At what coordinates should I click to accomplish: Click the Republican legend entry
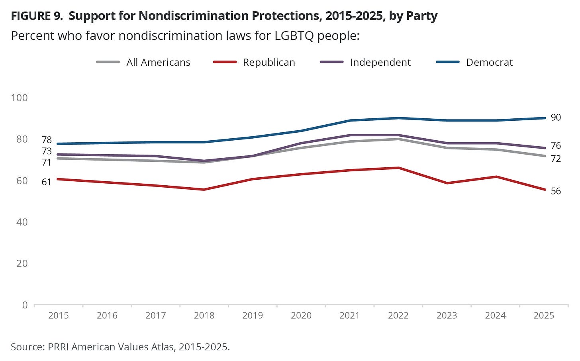pos(269,63)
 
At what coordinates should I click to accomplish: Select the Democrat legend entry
pos(489,63)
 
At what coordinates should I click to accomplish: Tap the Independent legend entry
pos(380,63)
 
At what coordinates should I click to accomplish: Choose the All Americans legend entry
pos(158,63)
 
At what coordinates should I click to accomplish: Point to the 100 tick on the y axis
pos(19,98)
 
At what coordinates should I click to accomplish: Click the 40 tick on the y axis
pos(22,222)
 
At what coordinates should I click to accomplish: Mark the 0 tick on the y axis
pos(25,305)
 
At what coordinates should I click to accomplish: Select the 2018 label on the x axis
pos(204,316)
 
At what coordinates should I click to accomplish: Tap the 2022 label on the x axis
pos(398,316)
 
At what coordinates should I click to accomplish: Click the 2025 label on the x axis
pos(544,316)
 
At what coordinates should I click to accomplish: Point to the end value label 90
pos(556,118)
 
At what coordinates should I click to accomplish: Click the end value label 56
pos(556,191)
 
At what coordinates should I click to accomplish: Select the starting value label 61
pos(47,182)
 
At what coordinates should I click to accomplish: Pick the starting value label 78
pos(47,140)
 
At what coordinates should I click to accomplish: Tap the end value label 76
pos(556,145)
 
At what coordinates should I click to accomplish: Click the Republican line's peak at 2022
pos(398,168)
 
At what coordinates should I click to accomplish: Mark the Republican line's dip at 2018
pos(204,190)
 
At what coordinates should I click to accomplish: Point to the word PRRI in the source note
pos(59,347)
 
